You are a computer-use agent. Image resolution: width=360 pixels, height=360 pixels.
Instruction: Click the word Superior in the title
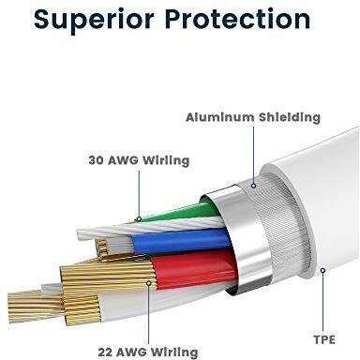pyautogui.click(x=94, y=20)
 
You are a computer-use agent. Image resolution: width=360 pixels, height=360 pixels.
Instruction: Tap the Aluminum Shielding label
pyautogui.click(x=253, y=117)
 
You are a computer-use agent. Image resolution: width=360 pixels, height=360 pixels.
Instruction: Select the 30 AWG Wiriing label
pyautogui.click(x=139, y=160)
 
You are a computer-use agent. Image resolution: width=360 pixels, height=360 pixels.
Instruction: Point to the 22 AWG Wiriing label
pyautogui.click(x=148, y=352)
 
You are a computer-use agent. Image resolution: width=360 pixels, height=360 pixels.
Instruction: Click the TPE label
pyautogui.click(x=324, y=339)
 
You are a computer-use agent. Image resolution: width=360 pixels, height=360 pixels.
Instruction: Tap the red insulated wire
pyautogui.click(x=194, y=269)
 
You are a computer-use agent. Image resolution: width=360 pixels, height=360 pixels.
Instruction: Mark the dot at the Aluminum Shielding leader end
pyautogui.click(x=254, y=186)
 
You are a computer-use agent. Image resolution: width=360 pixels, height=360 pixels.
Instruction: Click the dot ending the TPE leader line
pyautogui.click(x=322, y=270)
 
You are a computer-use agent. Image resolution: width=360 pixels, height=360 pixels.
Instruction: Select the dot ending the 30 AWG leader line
pyautogui.click(x=139, y=219)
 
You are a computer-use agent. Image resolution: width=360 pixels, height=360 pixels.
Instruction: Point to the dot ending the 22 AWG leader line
pyautogui.click(x=149, y=283)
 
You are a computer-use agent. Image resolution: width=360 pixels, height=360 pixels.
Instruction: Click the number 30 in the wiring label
pyautogui.click(x=97, y=160)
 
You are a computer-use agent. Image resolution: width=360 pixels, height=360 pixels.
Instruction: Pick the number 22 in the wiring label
pyautogui.click(x=105, y=352)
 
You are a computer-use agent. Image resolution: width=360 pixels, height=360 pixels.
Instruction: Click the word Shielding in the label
pyautogui.click(x=290, y=117)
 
